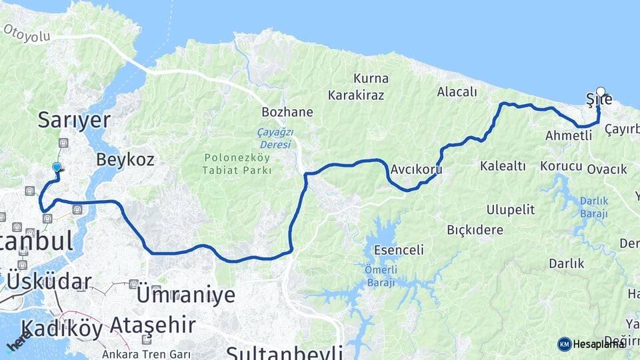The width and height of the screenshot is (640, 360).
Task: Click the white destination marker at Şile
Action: click(601, 93)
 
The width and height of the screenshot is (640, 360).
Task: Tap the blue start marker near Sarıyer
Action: click(57, 168)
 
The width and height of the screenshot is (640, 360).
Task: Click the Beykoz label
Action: click(125, 159)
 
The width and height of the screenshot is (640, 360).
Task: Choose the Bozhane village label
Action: click(287, 112)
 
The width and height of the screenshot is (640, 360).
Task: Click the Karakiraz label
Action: click(361, 95)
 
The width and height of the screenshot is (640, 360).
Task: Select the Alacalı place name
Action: click(457, 92)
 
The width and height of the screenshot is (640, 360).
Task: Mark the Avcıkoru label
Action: click(417, 169)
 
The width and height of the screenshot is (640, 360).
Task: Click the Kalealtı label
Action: click(503, 165)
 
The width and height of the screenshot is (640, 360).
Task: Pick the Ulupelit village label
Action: click(510, 210)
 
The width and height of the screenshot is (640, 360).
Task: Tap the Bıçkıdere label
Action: click(475, 231)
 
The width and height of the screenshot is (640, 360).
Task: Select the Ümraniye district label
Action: click(186, 295)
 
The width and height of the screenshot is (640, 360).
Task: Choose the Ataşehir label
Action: click(153, 325)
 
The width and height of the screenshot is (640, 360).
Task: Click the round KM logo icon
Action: click(565, 344)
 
